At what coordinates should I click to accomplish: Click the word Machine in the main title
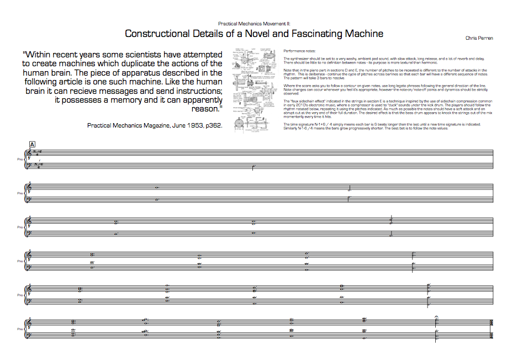pyautogui.click(x=362, y=34)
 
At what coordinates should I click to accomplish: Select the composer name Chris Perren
pyautogui.click(x=479, y=38)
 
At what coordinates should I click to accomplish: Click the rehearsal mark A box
pyautogui.click(x=32, y=145)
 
